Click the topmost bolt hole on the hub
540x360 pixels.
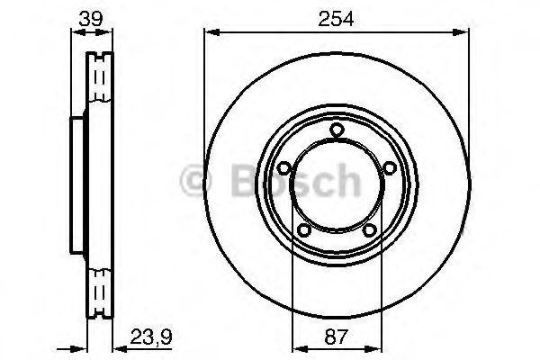click(337, 131)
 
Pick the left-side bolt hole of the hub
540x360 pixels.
click(283, 168)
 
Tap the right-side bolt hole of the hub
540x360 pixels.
click(390, 168)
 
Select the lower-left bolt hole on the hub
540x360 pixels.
click(303, 232)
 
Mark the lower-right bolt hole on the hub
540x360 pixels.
click(370, 232)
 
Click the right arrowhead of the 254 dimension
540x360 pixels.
click(464, 33)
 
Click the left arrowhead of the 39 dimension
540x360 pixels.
click(72, 33)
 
